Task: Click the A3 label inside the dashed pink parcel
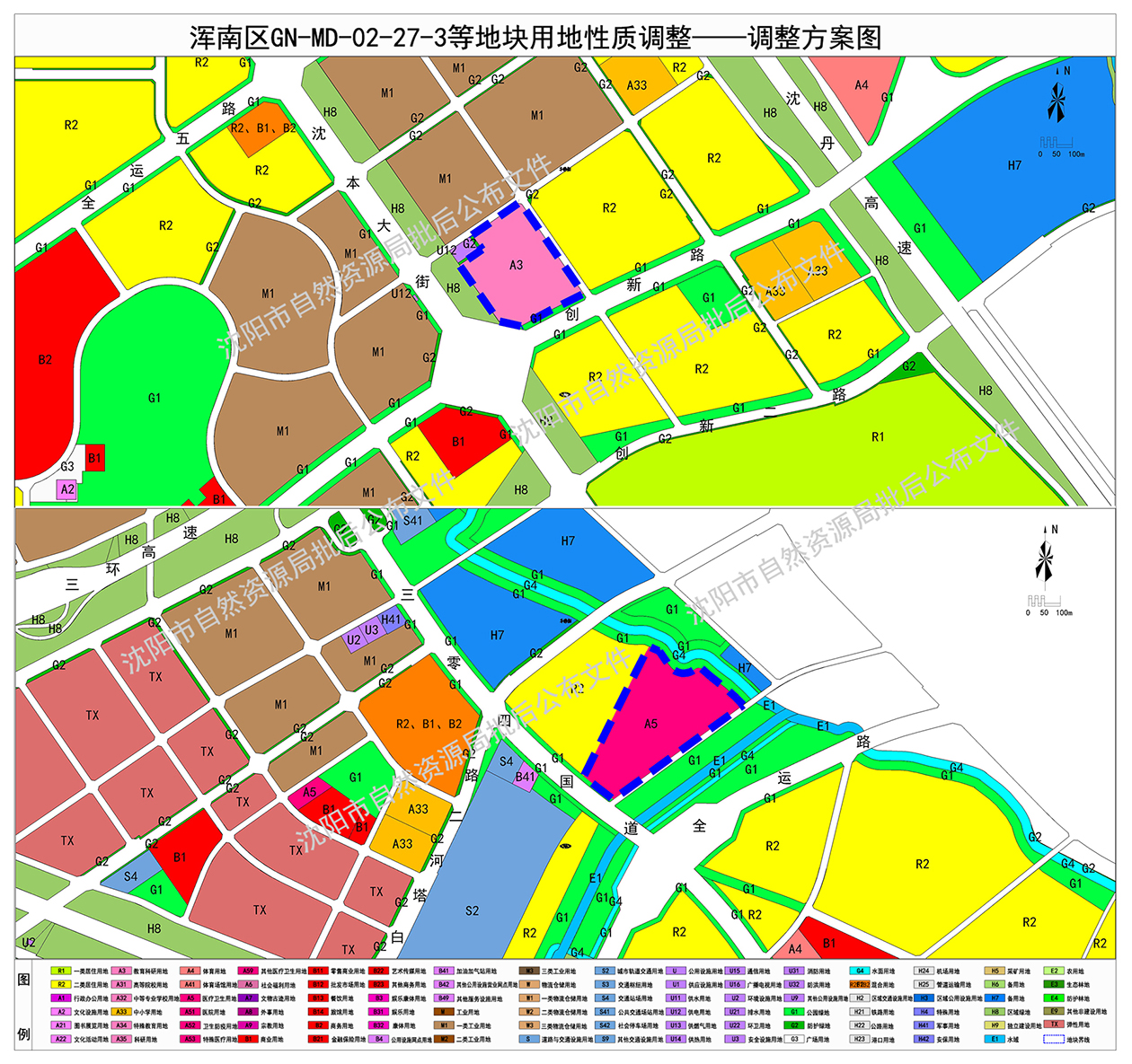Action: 516,265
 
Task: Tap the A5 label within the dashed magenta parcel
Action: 651,724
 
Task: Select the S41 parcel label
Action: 412,520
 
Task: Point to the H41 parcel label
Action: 391,620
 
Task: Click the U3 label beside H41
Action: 371,630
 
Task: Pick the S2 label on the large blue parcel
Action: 473,911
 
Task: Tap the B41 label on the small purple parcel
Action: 526,777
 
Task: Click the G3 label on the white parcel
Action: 67,467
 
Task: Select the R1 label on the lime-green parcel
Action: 878,437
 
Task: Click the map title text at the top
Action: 535,38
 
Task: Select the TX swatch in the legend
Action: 1055,1024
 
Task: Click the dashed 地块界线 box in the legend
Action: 1054,1039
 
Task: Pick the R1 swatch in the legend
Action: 61,971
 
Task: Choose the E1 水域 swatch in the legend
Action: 995,1039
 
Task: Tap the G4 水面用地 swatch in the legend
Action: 860,971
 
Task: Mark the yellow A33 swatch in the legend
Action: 121,1012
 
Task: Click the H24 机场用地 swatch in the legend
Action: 924,971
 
